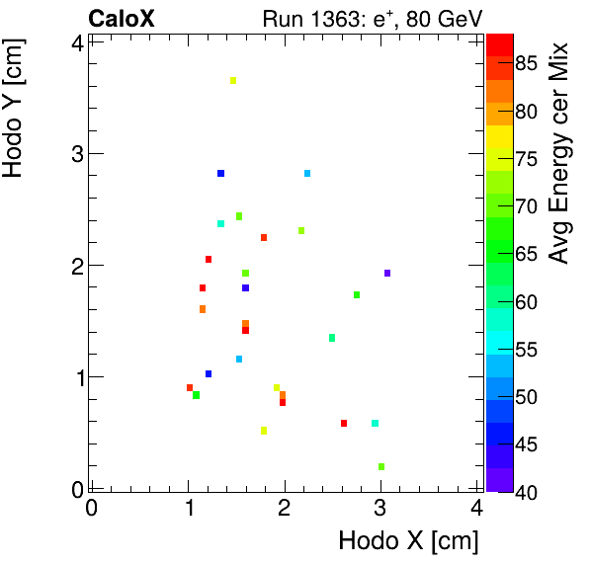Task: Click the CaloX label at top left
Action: tap(121, 18)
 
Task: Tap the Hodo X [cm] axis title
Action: tap(408, 541)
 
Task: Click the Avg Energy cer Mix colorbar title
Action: tap(560, 153)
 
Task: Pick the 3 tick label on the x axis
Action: tap(380, 509)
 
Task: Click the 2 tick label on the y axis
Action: tap(76, 265)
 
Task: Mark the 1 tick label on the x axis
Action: tap(188, 509)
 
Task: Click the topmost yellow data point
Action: tap(233, 81)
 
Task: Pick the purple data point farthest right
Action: tap(387, 273)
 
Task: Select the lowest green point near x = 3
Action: tap(381, 466)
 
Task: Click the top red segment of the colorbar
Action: tap(499, 40)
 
